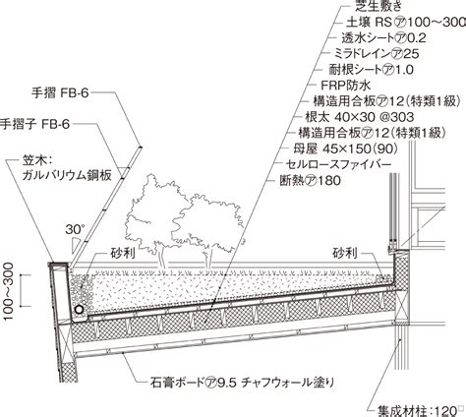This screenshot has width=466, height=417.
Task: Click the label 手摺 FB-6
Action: [x=60, y=93]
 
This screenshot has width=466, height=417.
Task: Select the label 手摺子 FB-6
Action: [x=34, y=124]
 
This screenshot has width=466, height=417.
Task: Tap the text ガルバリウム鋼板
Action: [x=67, y=175]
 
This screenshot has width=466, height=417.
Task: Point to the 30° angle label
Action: [x=75, y=229]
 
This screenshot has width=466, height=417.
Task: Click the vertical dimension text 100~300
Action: [x=8, y=291]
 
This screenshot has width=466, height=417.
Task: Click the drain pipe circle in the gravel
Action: [x=79, y=310]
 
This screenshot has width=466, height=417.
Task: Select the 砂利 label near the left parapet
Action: [x=123, y=254]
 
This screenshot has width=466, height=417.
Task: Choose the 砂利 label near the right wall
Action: [x=345, y=253]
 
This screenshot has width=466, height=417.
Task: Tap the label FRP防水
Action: [x=345, y=86]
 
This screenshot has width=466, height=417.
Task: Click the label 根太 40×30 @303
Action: [x=360, y=117]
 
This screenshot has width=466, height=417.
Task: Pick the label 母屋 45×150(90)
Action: [x=345, y=149]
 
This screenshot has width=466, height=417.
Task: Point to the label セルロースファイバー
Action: [x=338, y=164]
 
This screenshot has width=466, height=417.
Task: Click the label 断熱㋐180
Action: [x=310, y=181]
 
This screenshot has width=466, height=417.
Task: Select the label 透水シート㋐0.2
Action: [x=384, y=38]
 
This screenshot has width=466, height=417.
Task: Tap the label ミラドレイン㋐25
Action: [x=377, y=54]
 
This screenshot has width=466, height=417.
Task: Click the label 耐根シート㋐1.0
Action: [x=371, y=70]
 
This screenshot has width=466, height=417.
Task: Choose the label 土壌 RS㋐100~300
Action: [x=406, y=23]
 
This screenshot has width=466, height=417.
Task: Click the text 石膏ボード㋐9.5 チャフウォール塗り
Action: [x=243, y=383]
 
